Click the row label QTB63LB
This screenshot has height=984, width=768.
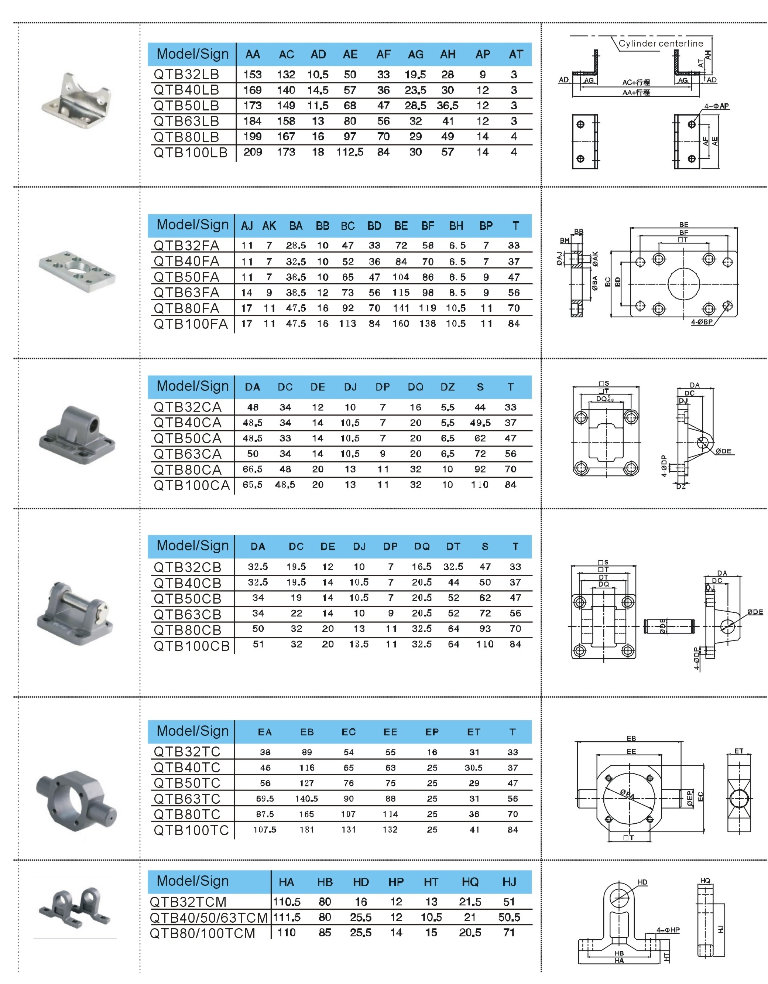coord(186,121)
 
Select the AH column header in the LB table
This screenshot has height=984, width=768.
coord(448,55)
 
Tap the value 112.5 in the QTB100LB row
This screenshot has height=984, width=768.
coord(350,152)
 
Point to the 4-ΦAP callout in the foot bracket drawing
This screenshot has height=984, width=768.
coord(717,106)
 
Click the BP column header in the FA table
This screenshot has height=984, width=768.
coord(486,226)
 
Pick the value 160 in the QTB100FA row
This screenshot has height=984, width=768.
coord(401,324)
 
